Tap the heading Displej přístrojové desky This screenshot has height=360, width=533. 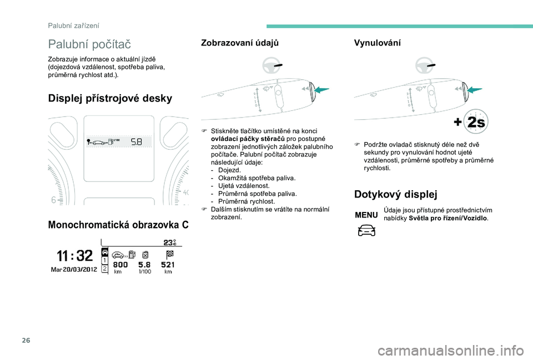point(110,98)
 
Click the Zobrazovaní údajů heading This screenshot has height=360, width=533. point(240,43)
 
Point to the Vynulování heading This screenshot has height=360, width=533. point(377,43)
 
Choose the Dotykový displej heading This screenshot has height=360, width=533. point(395,194)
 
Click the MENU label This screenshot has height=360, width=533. point(366,215)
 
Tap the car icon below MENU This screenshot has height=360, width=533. point(366,230)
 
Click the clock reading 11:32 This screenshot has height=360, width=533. point(75,256)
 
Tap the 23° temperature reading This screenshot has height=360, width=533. point(169,242)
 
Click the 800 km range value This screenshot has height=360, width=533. point(120,266)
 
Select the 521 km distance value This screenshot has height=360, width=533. point(168,266)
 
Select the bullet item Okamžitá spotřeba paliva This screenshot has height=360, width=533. point(257,178)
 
